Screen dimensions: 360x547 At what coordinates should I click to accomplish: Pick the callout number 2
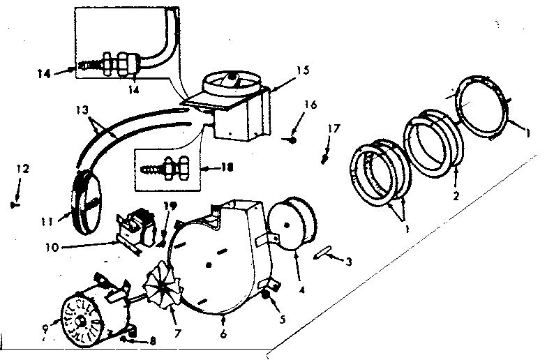click(455, 196)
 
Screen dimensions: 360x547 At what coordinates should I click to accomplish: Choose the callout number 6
click(223, 334)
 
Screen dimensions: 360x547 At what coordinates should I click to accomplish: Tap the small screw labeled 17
click(325, 159)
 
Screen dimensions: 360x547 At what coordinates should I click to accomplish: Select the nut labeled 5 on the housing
click(267, 299)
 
